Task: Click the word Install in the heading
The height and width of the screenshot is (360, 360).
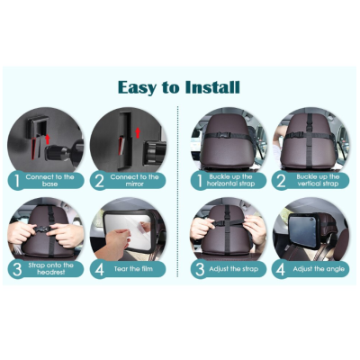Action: [x=208, y=87]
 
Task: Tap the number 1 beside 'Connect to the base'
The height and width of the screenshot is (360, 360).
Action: [x=15, y=180]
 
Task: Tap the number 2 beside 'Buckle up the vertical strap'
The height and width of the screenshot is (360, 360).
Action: [x=280, y=180]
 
